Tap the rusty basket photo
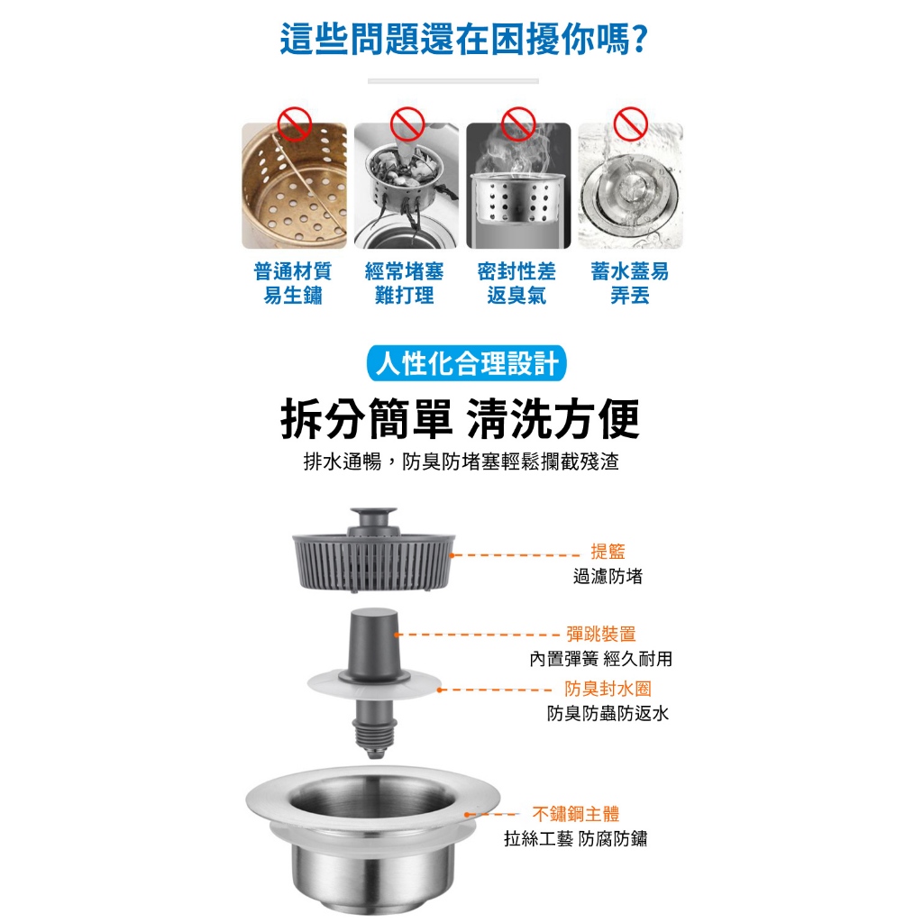(294, 187)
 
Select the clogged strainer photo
(406, 187)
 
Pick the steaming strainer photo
(518, 187)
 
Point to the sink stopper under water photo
(630, 187)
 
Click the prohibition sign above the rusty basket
(294, 123)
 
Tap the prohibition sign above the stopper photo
(630, 123)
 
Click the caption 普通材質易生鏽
(293, 283)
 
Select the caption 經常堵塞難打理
(405, 283)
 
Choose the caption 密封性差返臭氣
(516, 283)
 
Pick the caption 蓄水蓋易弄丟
(630, 283)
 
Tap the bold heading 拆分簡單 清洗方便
(461, 420)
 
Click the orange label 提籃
(608, 552)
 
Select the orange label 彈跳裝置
(601, 634)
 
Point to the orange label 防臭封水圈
(608, 689)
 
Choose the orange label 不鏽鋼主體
(576, 814)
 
